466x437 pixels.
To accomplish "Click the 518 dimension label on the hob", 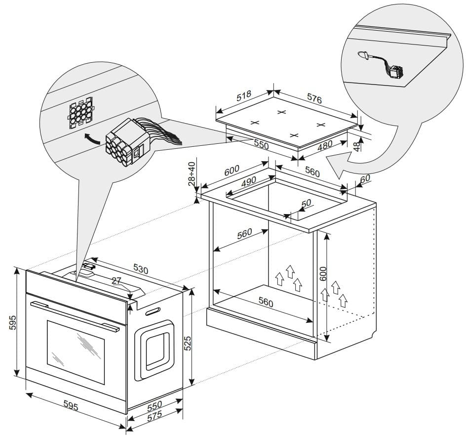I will click(x=244, y=95).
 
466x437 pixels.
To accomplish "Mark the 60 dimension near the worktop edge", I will click(x=365, y=180).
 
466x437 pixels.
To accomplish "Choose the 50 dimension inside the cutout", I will click(x=306, y=204).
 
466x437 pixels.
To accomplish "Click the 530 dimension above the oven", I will click(x=140, y=269).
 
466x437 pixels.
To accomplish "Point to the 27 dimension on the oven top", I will click(x=116, y=281).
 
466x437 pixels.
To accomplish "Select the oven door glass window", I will click(x=76, y=351).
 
